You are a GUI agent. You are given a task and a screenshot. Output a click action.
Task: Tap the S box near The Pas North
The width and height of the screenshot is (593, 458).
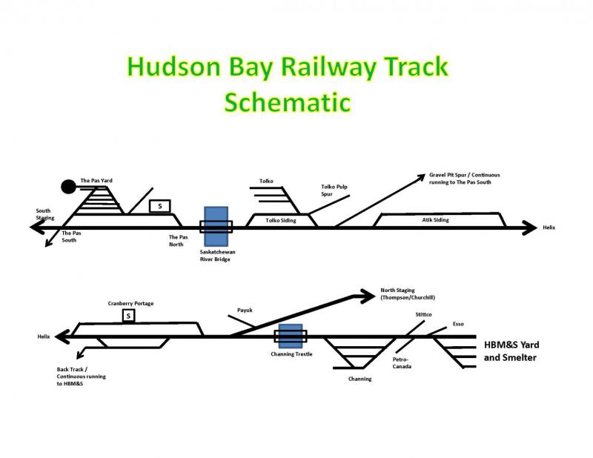tap(159, 205)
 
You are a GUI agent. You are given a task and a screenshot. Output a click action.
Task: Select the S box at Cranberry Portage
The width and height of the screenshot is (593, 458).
tap(128, 316)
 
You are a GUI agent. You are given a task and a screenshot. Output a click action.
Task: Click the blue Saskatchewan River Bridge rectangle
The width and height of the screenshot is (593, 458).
tap(216, 226)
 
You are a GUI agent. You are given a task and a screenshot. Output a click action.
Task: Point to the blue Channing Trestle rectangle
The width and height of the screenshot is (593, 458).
tap(290, 337)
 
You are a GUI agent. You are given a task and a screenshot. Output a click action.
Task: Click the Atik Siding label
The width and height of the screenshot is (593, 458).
tap(436, 220)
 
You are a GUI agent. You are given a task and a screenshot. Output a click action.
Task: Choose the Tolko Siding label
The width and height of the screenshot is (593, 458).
tap(280, 220)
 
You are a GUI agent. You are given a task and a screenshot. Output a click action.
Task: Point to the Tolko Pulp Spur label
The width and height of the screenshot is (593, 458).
tap(334, 190)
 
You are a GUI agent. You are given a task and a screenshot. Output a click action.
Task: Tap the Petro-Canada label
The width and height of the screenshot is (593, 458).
tap(402, 363)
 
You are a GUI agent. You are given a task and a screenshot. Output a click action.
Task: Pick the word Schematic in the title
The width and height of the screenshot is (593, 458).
tap(288, 101)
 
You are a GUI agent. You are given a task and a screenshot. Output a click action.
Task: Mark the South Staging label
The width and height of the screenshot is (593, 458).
tap(45, 214)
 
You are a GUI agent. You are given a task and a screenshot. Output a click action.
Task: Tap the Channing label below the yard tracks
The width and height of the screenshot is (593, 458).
tap(360, 379)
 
